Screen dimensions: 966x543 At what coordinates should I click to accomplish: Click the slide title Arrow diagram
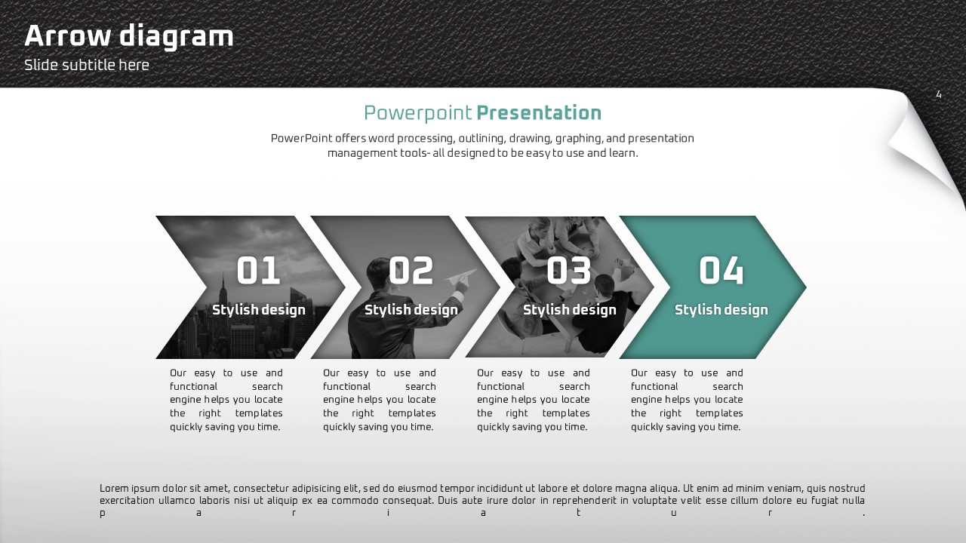coord(129,37)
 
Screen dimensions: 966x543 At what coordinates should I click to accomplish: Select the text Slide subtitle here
coord(87,65)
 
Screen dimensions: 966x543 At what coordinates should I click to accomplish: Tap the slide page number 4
coord(939,95)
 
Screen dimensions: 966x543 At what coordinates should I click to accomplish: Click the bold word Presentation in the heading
coord(539,112)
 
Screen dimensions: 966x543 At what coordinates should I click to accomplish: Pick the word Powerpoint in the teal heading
coord(418,113)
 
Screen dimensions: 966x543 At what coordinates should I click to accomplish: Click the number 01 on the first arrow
coord(258,270)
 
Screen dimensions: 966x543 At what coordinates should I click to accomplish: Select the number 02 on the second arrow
coord(411,270)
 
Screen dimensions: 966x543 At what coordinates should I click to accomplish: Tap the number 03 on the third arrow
coord(569,270)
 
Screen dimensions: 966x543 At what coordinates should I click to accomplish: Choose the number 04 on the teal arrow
coord(721,270)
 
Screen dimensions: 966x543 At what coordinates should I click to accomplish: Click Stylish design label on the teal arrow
coord(721,310)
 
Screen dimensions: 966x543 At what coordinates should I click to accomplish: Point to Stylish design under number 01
coord(259,310)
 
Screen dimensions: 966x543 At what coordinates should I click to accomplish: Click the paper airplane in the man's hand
coord(460,276)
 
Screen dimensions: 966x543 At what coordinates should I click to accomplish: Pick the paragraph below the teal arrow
coord(687,400)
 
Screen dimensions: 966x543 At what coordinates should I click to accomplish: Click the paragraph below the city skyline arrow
coord(226,400)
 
